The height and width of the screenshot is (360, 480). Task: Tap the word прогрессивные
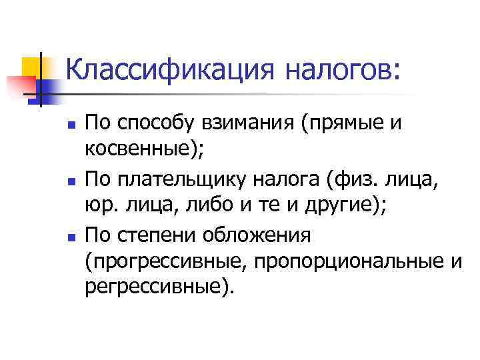(x=167, y=261)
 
